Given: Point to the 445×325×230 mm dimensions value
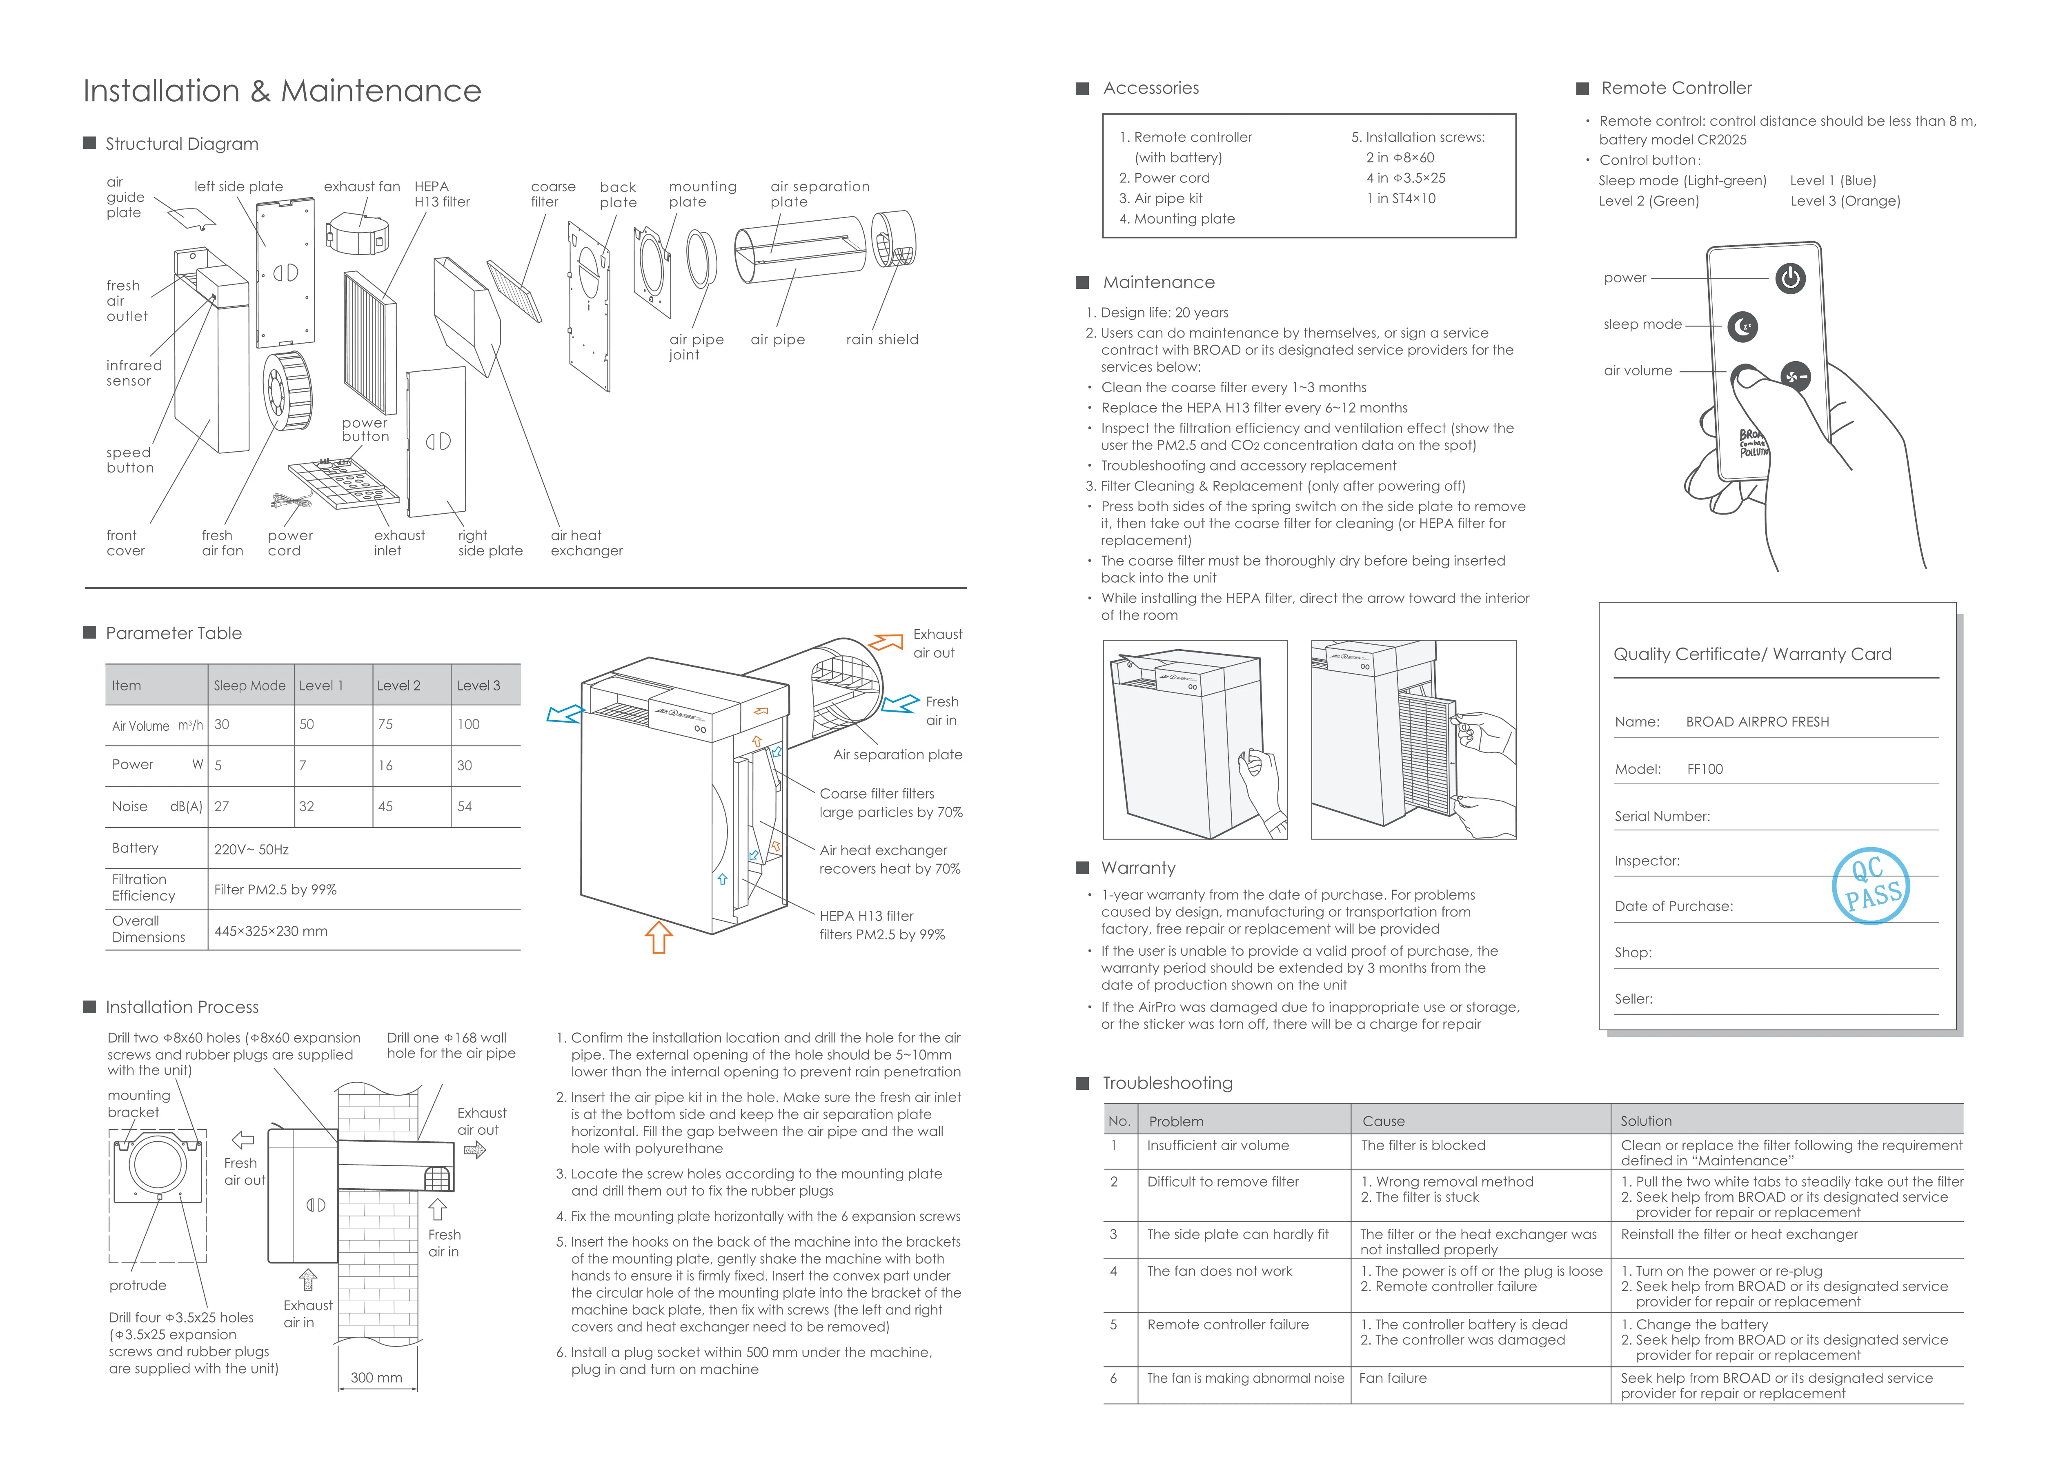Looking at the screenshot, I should [271, 932].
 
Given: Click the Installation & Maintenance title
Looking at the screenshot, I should [281, 91].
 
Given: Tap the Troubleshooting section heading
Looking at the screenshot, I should [1167, 1083].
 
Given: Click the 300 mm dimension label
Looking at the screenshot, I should [376, 1377].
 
